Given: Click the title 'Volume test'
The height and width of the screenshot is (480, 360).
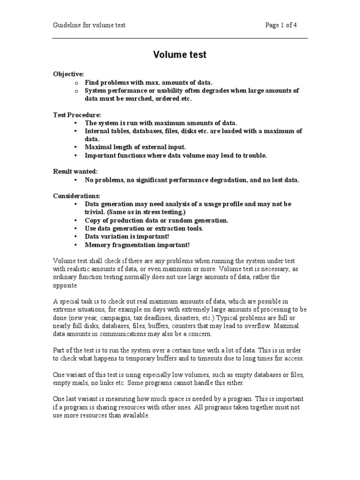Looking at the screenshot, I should point(180,55).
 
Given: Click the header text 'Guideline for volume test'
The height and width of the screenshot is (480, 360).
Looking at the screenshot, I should point(89,25).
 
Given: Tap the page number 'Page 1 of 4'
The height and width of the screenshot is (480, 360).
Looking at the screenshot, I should point(281,25).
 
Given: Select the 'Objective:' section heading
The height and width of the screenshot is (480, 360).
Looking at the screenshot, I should point(68,74).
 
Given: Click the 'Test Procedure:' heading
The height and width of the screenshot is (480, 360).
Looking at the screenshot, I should point(76,115).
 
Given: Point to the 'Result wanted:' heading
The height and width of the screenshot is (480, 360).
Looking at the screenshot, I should point(75,172).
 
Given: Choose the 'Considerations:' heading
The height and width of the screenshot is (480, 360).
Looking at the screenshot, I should point(76,196).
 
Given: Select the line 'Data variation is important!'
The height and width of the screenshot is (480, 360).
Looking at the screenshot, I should point(127,237).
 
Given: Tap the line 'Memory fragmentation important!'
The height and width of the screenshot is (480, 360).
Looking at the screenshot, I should point(137,245).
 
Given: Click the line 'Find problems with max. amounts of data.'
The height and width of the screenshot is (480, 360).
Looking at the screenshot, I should point(145,82).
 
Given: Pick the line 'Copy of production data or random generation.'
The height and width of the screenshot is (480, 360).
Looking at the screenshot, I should point(157,220).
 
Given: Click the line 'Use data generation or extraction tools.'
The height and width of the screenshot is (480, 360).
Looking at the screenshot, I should point(144,228).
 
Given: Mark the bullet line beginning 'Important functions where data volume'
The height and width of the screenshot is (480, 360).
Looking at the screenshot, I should point(175,156).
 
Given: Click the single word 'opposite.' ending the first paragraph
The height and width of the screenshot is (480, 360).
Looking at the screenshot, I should point(66,285).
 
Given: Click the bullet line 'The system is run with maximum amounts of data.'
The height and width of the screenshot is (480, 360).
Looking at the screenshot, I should point(161,123).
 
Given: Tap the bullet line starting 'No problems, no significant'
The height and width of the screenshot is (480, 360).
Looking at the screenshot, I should point(192,180).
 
